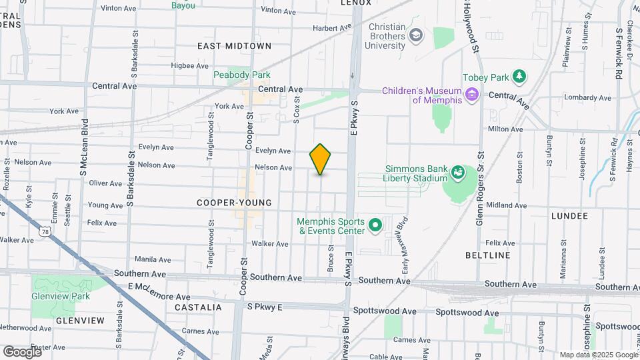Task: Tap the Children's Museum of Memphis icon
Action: coord(473,95)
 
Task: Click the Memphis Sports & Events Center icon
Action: coord(374,226)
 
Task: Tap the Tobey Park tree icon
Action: coord(519,77)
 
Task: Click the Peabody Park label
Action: coord(241,75)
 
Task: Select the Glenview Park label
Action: coord(60,296)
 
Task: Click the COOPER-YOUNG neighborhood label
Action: coord(235,203)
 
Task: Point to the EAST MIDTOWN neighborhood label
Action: coord(234,46)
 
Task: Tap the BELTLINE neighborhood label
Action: coord(488,255)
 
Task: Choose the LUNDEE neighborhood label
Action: coord(569,216)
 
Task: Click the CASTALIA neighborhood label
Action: coord(197,307)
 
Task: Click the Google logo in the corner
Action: coord(22,351)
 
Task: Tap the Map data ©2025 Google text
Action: coord(598,355)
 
